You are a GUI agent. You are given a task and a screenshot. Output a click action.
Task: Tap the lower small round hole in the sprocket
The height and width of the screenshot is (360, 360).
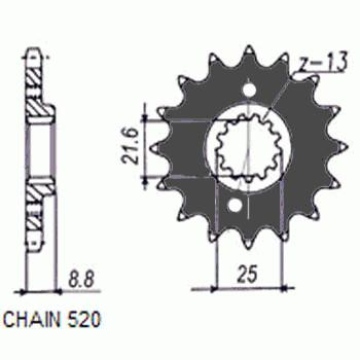[234, 208]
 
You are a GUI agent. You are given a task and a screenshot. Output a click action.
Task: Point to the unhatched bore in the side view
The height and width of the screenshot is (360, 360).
[40, 150]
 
